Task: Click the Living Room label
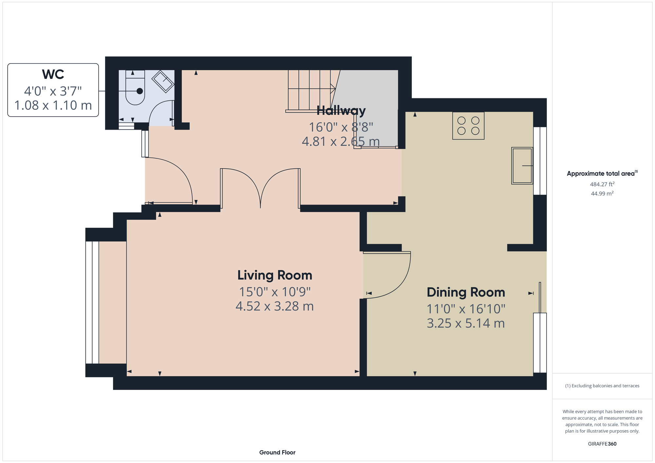pyautogui.click(x=275, y=275)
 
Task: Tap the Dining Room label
pyautogui.click(x=466, y=292)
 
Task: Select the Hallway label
pyautogui.click(x=341, y=111)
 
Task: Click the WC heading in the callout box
pyautogui.click(x=53, y=74)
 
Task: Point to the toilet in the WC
pyautogui.click(x=135, y=87)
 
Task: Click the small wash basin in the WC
pyautogui.click(x=163, y=81)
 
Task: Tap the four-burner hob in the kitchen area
pyautogui.click(x=468, y=126)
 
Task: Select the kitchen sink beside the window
pyautogui.click(x=522, y=166)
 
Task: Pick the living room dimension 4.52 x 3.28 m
pyautogui.click(x=275, y=306)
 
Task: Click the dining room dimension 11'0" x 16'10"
pyautogui.click(x=466, y=309)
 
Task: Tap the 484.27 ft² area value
pyautogui.click(x=602, y=184)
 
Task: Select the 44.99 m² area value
pyautogui.click(x=602, y=194)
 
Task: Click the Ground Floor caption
pyautogui.click(x=277, y=453)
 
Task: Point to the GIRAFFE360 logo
pyautogui.click(x=602, y=444)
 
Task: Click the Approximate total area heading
pyautogui.click(x=602, y=174)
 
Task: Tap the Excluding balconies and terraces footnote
pyautogui.click(x=602, y=386)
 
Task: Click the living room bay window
pyautogui.click(x=92, y=303)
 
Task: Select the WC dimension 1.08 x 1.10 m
pyautogui.click(x=53, y=105)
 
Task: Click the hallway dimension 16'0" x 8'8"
pyautogui.click(x=341, y=127)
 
